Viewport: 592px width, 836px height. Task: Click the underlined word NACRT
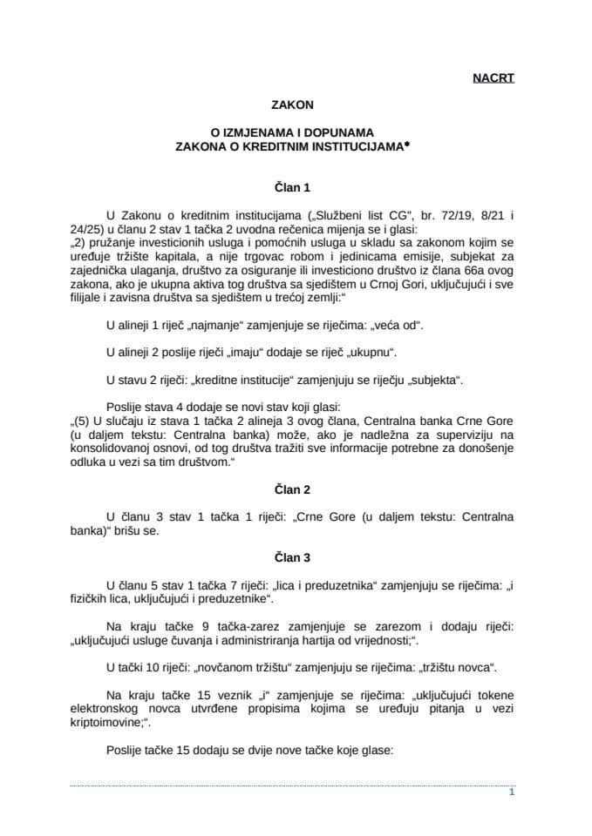click(x=493, y=78)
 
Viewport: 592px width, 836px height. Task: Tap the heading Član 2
click(x=296, y=490)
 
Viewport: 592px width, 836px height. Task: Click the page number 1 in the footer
click(x=511, y=793)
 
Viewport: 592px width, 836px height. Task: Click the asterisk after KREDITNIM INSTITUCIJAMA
click(x=405, y=148)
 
